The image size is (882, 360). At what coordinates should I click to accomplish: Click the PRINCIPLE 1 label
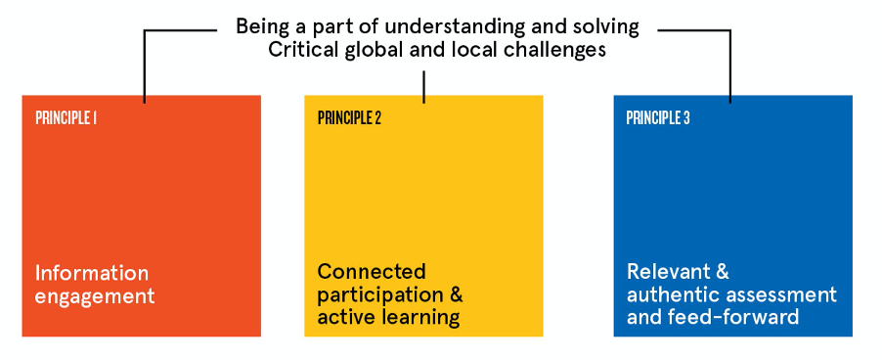[x=66, y=118]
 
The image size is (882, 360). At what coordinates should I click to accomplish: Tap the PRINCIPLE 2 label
[x=349, y=118]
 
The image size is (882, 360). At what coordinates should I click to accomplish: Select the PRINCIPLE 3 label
[x=658, y=118]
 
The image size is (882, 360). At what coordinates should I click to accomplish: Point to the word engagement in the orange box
[x=95, y=295]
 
